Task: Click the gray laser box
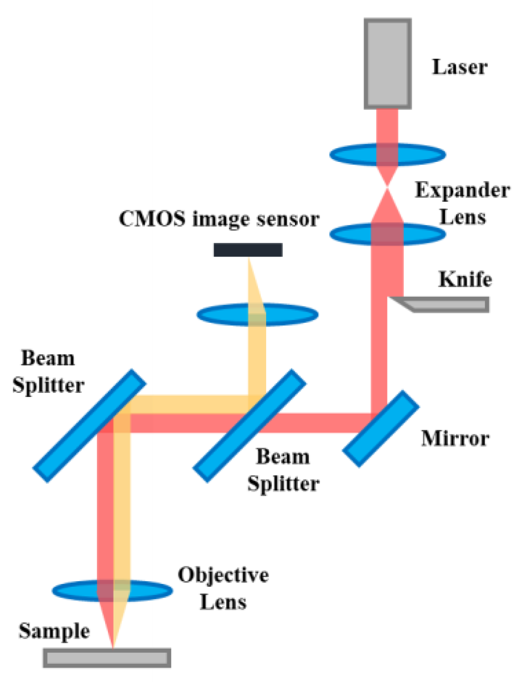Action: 387,64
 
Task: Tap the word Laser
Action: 459,67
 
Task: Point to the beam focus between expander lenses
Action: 387,187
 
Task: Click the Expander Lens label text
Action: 462,204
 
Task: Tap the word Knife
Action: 465,279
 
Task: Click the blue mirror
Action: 381,429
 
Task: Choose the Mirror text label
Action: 455,439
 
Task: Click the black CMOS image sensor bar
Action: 248,250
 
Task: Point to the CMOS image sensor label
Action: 219,219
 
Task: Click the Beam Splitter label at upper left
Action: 48,371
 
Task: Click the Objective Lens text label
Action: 223,588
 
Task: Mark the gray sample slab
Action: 107,658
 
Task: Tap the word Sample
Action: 54,631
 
